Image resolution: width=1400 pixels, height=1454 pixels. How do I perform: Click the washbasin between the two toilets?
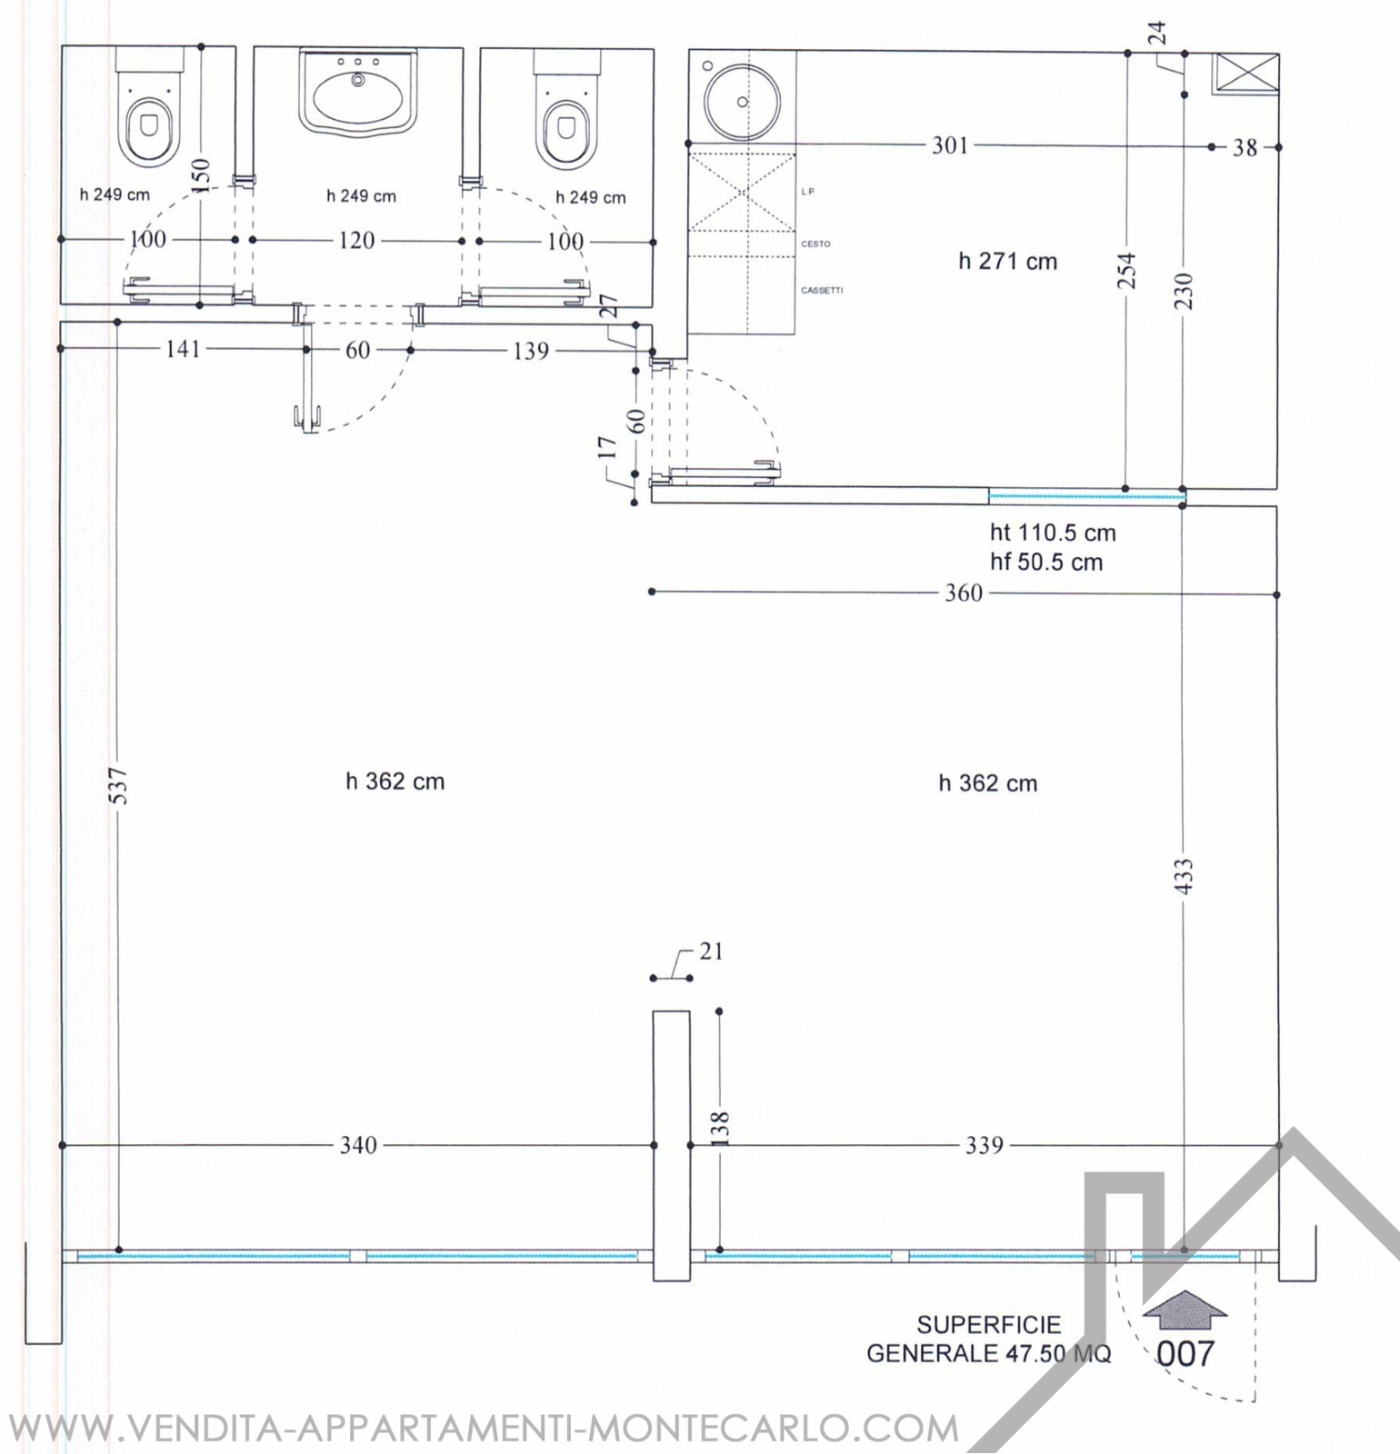coord(357,91)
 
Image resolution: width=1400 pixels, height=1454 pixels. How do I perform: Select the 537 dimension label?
coord(119,786)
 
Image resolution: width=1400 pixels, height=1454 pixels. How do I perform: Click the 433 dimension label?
coord(1184,877)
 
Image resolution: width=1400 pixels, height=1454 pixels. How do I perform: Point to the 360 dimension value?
coord(964,593)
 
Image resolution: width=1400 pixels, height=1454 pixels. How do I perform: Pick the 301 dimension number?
coord(950,145)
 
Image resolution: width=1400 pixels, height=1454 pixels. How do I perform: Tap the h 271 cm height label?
coord(1007,262)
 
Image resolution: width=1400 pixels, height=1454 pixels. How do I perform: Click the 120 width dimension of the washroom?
coord(356,241)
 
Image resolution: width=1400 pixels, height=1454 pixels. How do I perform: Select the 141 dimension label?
coord(183,349)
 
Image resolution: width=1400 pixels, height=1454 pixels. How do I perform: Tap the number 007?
coord(1185,1354)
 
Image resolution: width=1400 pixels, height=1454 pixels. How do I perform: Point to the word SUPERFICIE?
coord(989,1325)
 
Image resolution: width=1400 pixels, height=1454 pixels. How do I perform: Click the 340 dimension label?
coord(358,1145)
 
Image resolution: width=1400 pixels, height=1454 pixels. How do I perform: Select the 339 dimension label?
coord(985,1145)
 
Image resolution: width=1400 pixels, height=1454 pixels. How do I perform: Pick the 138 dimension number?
coord(719,1130)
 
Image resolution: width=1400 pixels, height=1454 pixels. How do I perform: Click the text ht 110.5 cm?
coord(1053,533)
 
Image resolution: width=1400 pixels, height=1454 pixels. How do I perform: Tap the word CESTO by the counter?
coord(815,244)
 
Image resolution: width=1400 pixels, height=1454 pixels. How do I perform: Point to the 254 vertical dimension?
coord(1127,270)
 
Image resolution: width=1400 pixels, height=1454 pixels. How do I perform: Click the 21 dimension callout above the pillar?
coord(711,951)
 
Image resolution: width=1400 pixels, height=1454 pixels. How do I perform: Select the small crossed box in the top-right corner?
coord(1245,73)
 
